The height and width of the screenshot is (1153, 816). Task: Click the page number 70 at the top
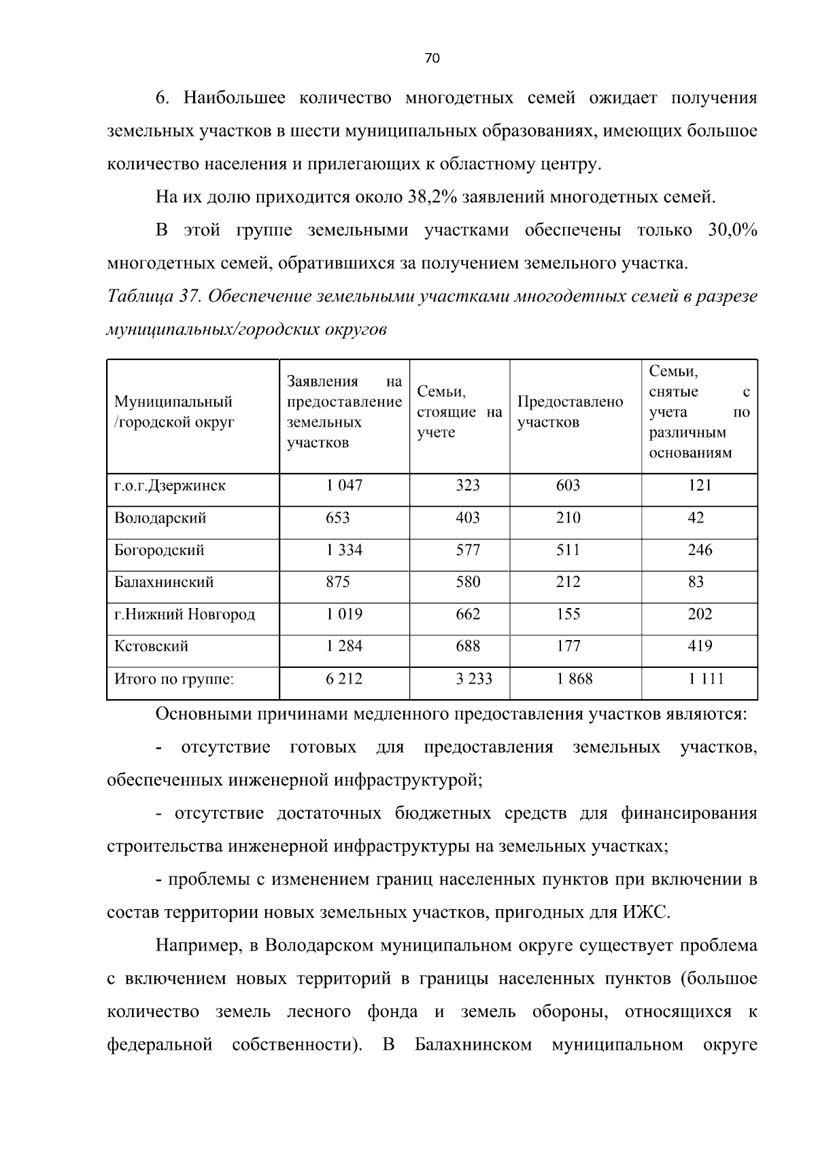(432, 58)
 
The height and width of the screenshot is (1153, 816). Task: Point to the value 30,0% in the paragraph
(732, 230)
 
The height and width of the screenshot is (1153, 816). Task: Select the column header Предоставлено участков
(570, 412)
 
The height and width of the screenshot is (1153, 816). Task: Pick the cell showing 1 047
(344, 486)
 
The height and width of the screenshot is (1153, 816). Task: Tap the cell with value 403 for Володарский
(467, 518)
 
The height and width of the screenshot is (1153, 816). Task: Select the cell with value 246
(700, 550)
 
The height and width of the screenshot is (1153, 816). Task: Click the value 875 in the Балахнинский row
(337, 582)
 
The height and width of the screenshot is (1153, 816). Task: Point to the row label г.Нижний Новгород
(184, 615)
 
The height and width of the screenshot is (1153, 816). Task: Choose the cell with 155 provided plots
(568, 615)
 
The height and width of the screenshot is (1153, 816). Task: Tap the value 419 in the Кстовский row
(700, 646)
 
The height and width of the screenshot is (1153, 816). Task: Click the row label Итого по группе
(173, 679)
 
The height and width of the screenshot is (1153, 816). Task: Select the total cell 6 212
(344, 679)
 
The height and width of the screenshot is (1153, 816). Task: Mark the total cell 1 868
(575, 679)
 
